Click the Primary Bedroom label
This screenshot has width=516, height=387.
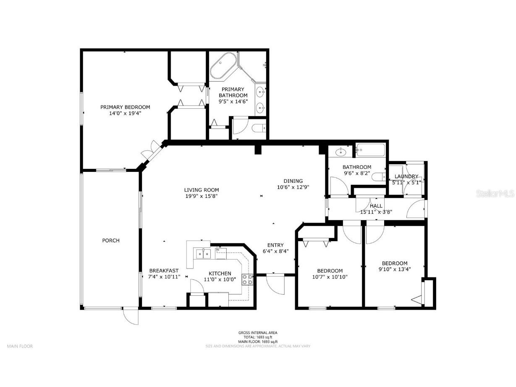tap(125, 107)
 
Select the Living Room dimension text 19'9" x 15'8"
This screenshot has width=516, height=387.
tap(202, 196)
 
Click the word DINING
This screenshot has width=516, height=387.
tap(293, 181)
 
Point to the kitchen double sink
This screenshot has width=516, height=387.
tap(203, 253)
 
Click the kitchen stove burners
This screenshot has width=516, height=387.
tap(247, 279)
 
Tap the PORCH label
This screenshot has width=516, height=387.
tap(111, 241)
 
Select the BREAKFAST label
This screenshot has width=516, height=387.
tap(164, 271)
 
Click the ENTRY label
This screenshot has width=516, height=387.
tap(275, 245)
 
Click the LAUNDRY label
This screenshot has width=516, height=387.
tap(406, 176)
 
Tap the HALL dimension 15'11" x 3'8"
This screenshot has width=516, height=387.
tap(376, 212)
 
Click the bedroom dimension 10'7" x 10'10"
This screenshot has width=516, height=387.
tap(330, 277)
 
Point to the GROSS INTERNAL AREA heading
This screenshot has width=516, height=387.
tap(258, 333)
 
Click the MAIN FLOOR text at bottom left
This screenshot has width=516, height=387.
tap(20, 346)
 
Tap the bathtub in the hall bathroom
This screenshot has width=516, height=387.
tap(370, 150)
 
